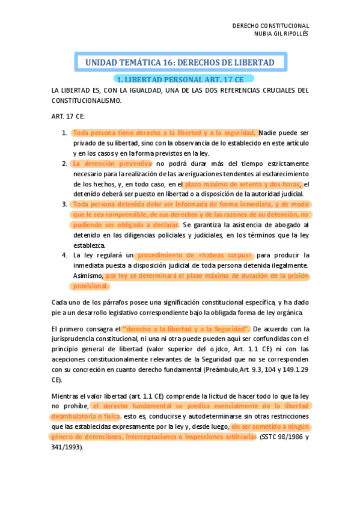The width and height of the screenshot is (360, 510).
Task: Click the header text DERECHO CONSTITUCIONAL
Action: (270, 26)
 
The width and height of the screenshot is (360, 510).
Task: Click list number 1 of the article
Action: (64, 132)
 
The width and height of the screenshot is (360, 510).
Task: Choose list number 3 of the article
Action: (64, 204)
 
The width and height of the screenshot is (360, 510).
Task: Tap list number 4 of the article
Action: (64, 255)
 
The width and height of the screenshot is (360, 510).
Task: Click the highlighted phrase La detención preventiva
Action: (112, 164)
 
